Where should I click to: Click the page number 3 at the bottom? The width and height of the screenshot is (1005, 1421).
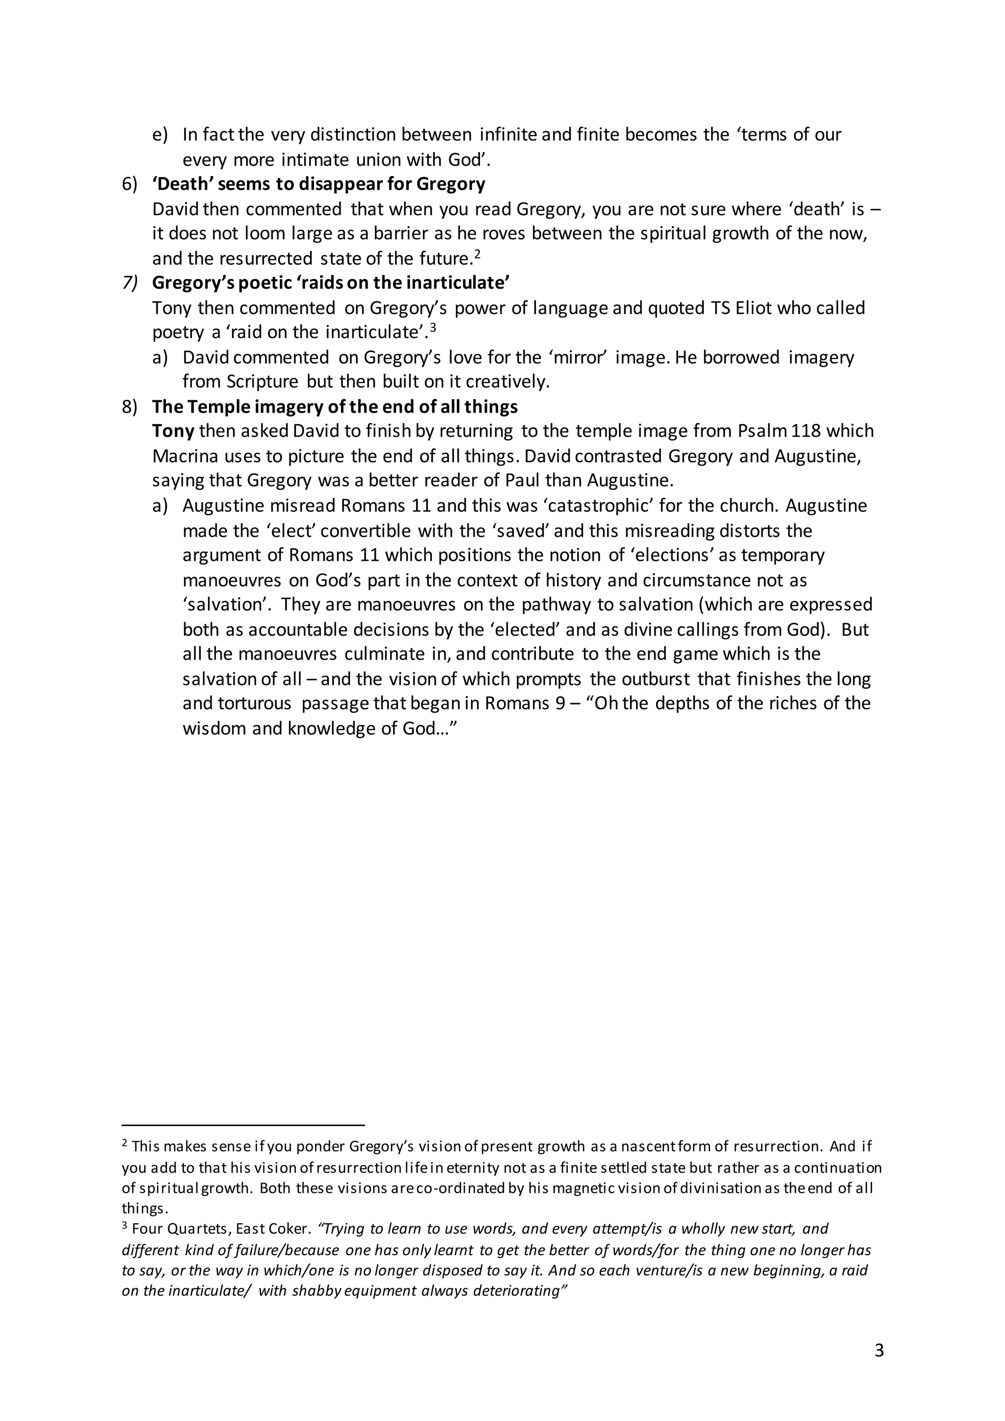[x=879, y=1350]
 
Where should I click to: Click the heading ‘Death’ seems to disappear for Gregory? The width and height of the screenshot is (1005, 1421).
[x=318, y=184]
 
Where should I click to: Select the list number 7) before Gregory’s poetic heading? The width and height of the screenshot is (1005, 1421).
[x=130, y=283]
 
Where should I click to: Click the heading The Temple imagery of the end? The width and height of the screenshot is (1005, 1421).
[x=335, y=407]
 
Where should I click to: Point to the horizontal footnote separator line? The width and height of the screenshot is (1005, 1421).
[x=243, y=1125]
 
